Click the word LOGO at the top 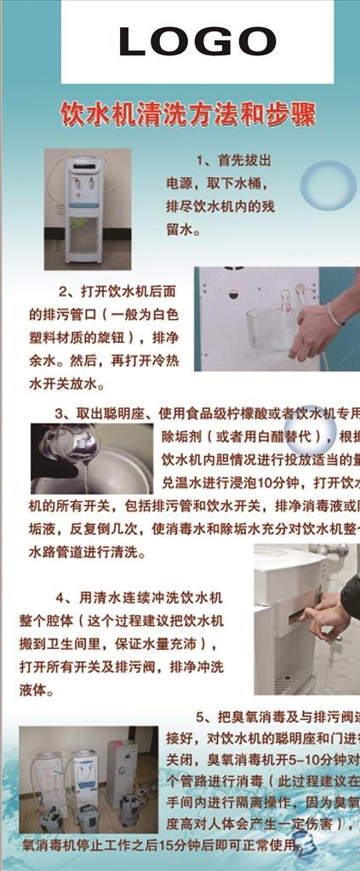point(197,41)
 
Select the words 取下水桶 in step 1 point(240,183)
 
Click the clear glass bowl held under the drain point(270,330)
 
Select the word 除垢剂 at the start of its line point(176,437)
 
